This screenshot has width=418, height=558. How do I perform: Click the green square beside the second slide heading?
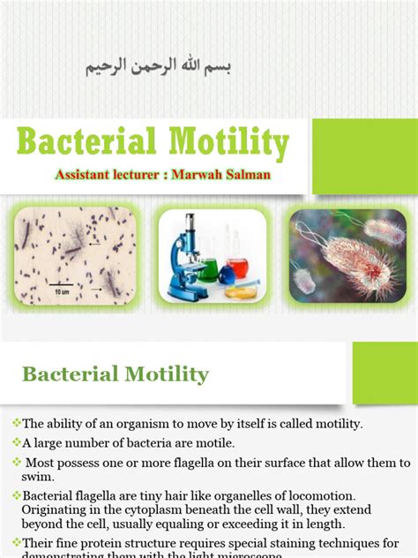[384, 373]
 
